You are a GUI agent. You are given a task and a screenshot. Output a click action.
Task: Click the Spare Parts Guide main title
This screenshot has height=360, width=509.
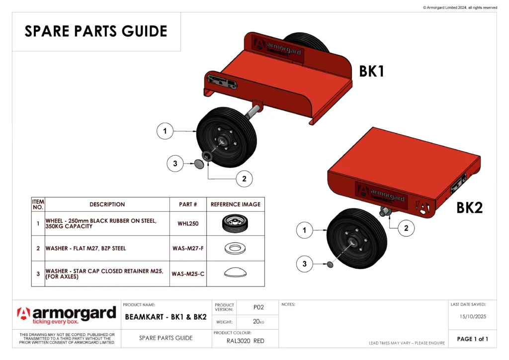[x=96, y=31]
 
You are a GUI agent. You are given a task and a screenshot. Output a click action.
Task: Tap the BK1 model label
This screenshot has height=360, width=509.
[x=372, y=72]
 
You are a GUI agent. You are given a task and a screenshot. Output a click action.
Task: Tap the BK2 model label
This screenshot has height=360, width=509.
[x=469, y=208]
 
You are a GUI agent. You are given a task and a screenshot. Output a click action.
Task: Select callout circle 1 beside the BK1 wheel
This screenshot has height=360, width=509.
[x=165, y=132]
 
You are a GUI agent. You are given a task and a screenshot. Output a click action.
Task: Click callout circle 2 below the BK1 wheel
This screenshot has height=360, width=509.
[x=244, y=179]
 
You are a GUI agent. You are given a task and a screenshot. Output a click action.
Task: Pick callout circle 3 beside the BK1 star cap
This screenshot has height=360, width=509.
[x=175, y=163]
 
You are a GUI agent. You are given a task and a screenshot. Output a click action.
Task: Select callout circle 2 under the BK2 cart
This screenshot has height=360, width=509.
[x=406, y=228]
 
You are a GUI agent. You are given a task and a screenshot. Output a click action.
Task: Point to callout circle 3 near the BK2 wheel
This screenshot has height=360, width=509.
[x=305, y=264]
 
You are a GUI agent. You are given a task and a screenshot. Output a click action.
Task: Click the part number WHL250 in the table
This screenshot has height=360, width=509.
[x=188, y=224]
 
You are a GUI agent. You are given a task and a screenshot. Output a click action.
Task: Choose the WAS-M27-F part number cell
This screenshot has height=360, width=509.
[x=188, y=248]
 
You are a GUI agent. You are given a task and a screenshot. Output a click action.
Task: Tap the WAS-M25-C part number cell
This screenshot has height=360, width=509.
[x=188, y=273]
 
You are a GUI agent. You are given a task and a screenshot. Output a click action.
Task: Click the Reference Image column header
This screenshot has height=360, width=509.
[x=235, y=204]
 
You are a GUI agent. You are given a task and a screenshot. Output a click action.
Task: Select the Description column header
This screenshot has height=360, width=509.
[x=107, y=204]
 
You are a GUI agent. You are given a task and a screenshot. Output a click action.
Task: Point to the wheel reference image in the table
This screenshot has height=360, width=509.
[x=235, y=223]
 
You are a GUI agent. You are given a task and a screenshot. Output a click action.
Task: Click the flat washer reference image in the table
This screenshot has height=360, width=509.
[x=235, y=248]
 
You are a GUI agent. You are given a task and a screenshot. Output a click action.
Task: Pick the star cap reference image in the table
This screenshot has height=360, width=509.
[x=235, y=272]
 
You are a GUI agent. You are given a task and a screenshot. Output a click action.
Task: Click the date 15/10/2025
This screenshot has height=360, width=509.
[x=472, y=316]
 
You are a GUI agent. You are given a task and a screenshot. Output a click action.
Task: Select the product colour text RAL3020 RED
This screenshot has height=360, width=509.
[x=246, y=341]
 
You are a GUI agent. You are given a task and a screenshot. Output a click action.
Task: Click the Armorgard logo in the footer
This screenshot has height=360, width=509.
[x=67, y=315]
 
